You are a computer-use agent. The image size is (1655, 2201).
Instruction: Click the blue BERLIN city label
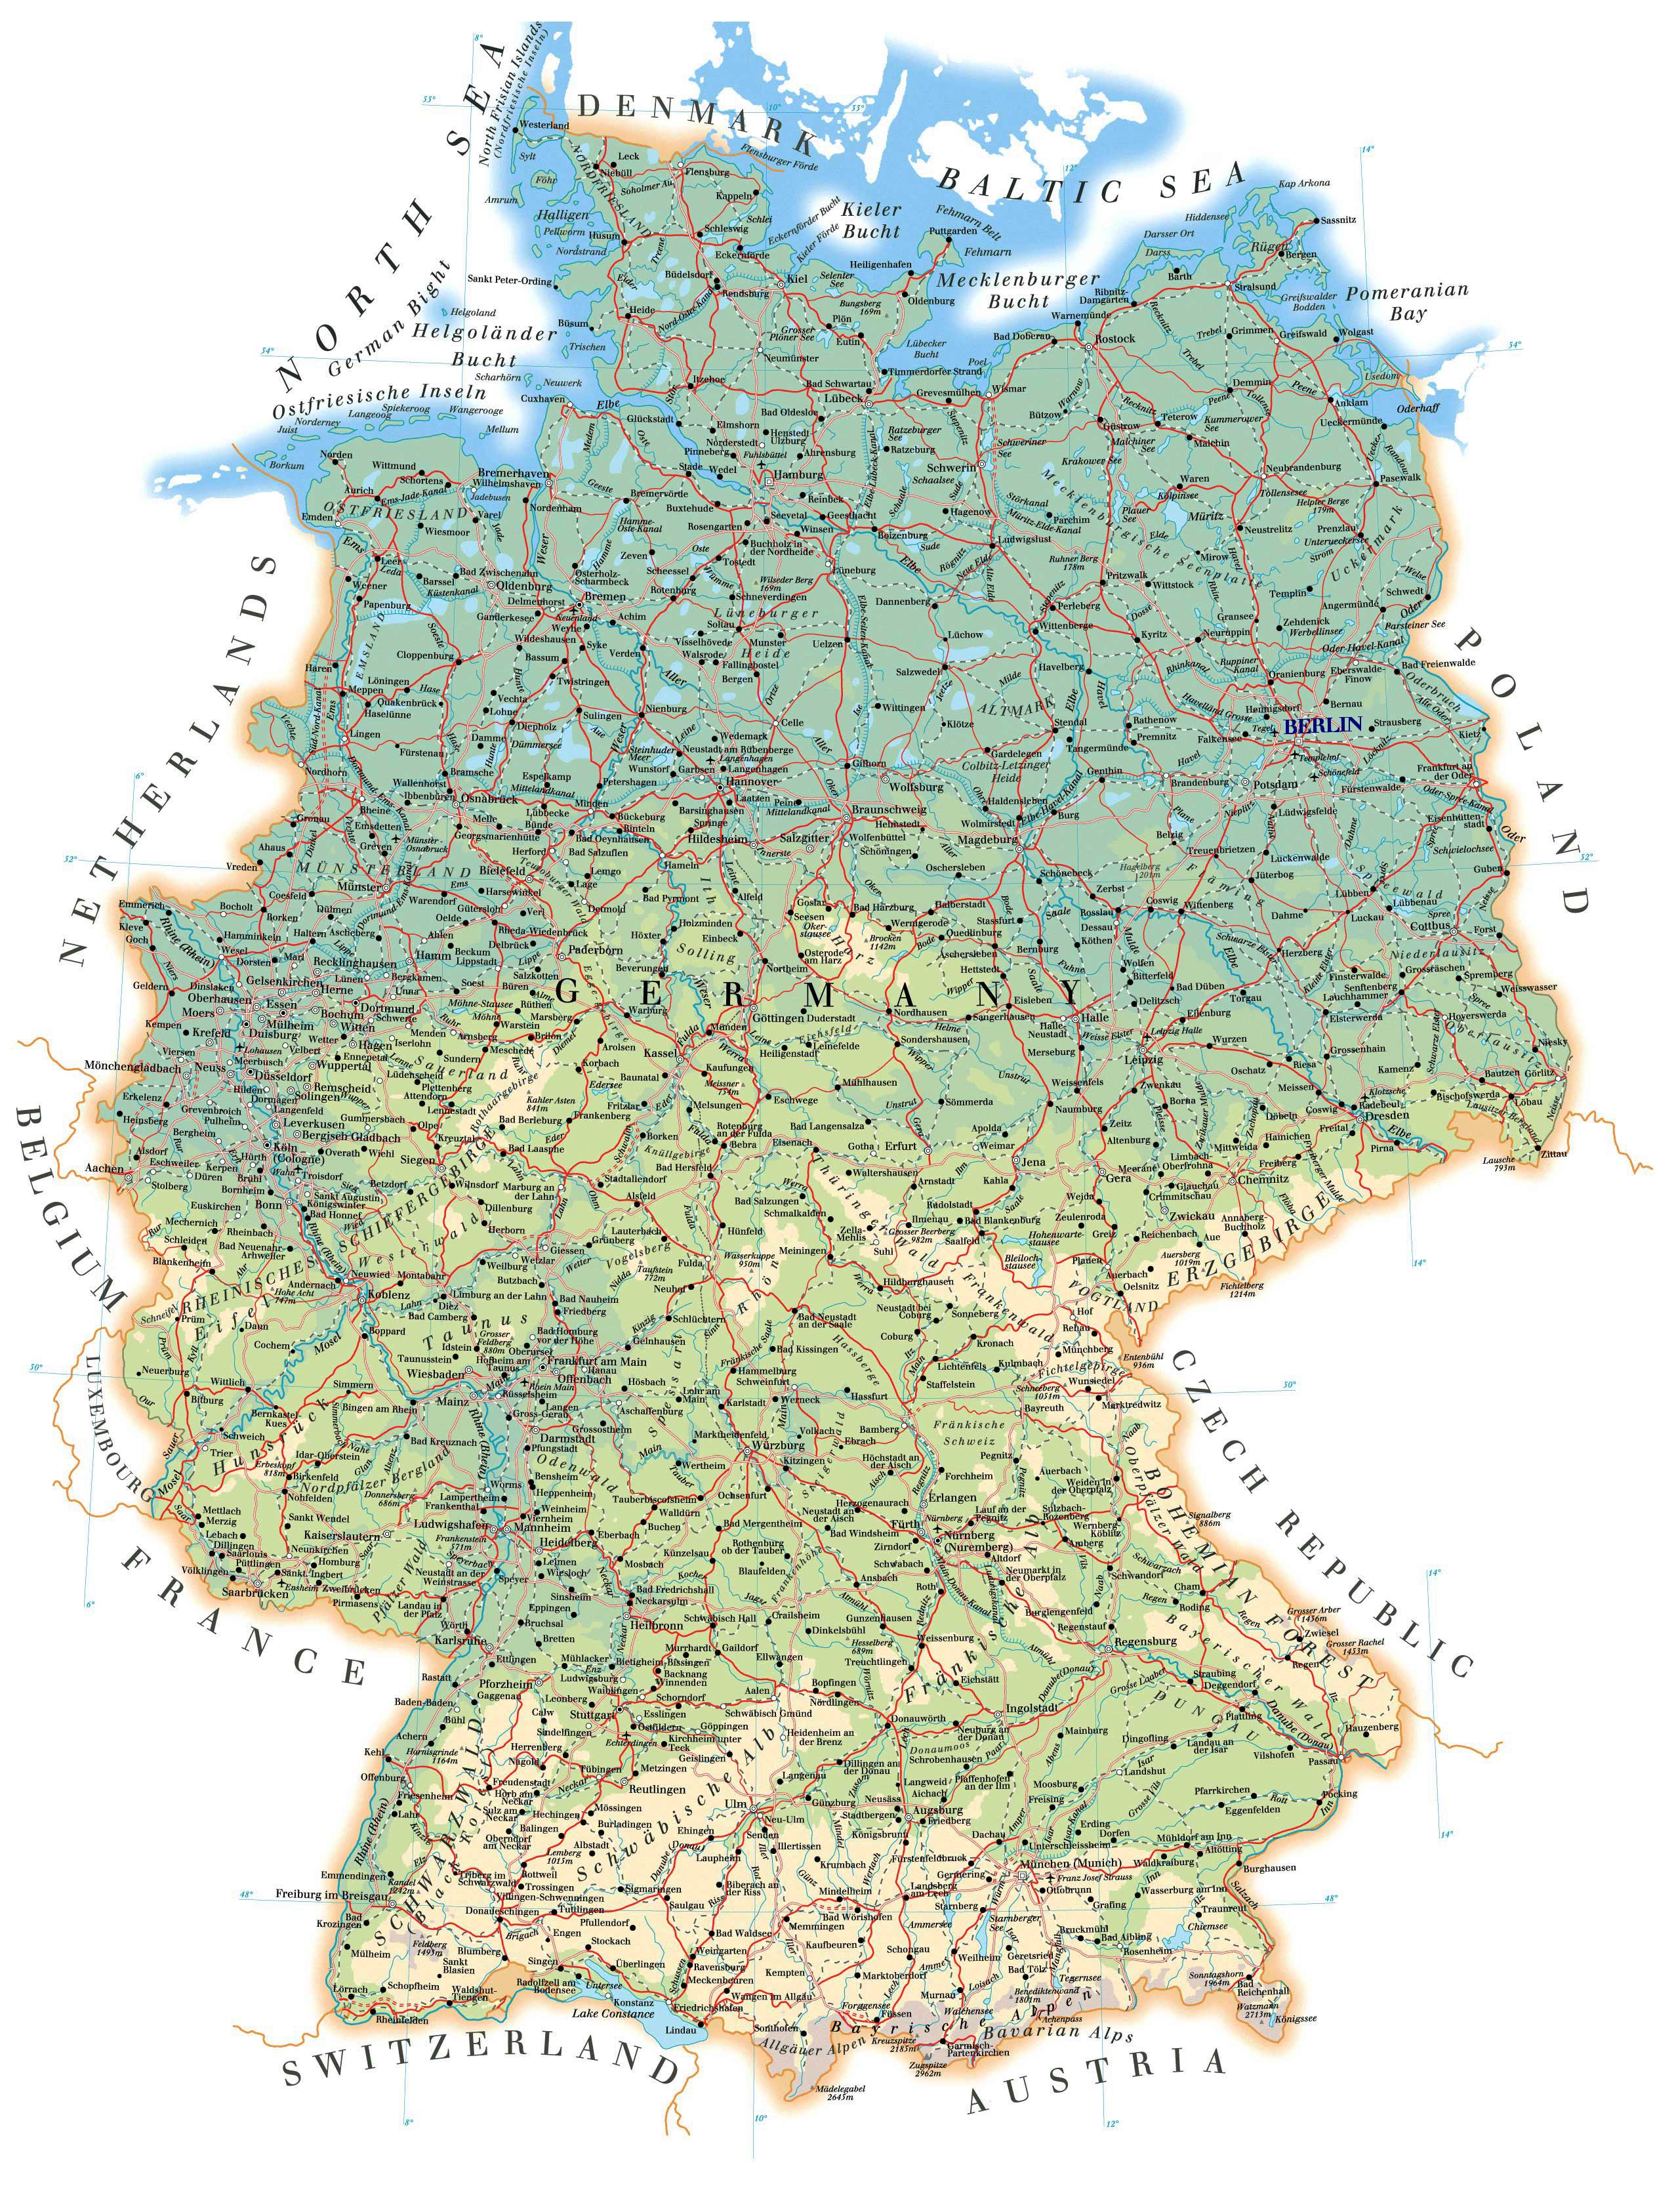coord(1322,726)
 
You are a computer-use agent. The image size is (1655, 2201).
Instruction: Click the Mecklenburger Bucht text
coord(1018,289)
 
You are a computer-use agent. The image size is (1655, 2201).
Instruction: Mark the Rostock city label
coord(1114,339)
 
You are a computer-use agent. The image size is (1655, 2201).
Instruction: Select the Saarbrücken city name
coord(255,1592)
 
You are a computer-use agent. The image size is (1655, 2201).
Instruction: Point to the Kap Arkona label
coord(1303,183)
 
